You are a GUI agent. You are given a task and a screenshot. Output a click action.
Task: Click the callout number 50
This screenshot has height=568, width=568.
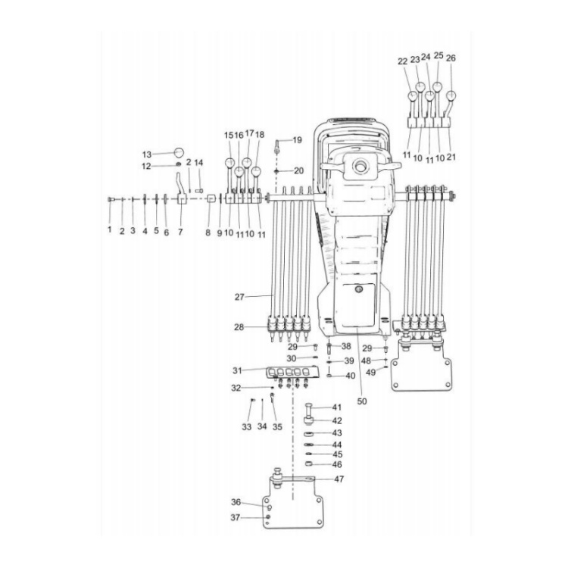(x=362, y=401)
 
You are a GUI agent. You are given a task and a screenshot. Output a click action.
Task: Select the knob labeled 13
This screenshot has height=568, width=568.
(x=179, y=152)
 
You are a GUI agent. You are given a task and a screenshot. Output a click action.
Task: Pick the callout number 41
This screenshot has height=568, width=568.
(x=337, y=407)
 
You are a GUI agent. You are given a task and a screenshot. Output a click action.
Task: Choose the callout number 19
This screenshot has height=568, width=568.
(x=297, y=140)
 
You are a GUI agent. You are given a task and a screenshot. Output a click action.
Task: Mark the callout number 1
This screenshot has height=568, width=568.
(x=109, y=229)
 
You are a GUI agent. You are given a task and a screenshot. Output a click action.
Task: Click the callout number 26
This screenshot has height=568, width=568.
(x=451, y=58)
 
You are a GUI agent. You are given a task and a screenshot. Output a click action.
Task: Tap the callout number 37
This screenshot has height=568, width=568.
(x=236, y=518)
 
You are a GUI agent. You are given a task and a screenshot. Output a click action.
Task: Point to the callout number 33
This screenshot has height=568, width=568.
(x=246, y=427)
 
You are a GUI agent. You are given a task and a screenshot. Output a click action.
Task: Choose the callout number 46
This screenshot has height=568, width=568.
(x=337, y=464)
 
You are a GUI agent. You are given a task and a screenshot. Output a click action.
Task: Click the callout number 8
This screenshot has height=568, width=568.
(x=208, y=233)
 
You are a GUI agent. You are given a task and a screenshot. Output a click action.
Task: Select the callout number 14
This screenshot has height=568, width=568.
(x=199, y=163)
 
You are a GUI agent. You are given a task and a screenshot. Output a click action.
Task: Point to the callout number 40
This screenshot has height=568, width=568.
(x=350, y=376)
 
